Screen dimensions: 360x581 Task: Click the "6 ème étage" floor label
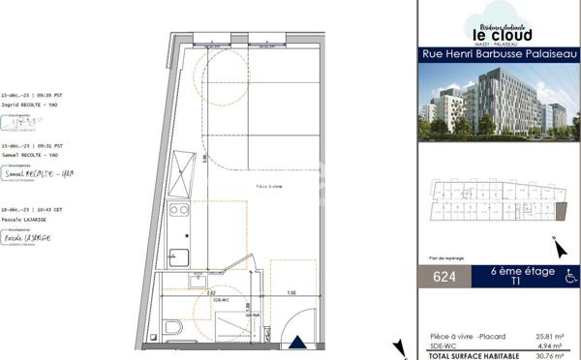coord(523,272)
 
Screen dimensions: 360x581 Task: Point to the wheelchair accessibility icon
coord(570,277)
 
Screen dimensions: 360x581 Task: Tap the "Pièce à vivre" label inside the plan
coord(243,186)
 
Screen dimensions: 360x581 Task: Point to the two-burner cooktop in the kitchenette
coord(178,210)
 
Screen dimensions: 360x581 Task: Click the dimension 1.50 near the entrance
coord(290,290)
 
